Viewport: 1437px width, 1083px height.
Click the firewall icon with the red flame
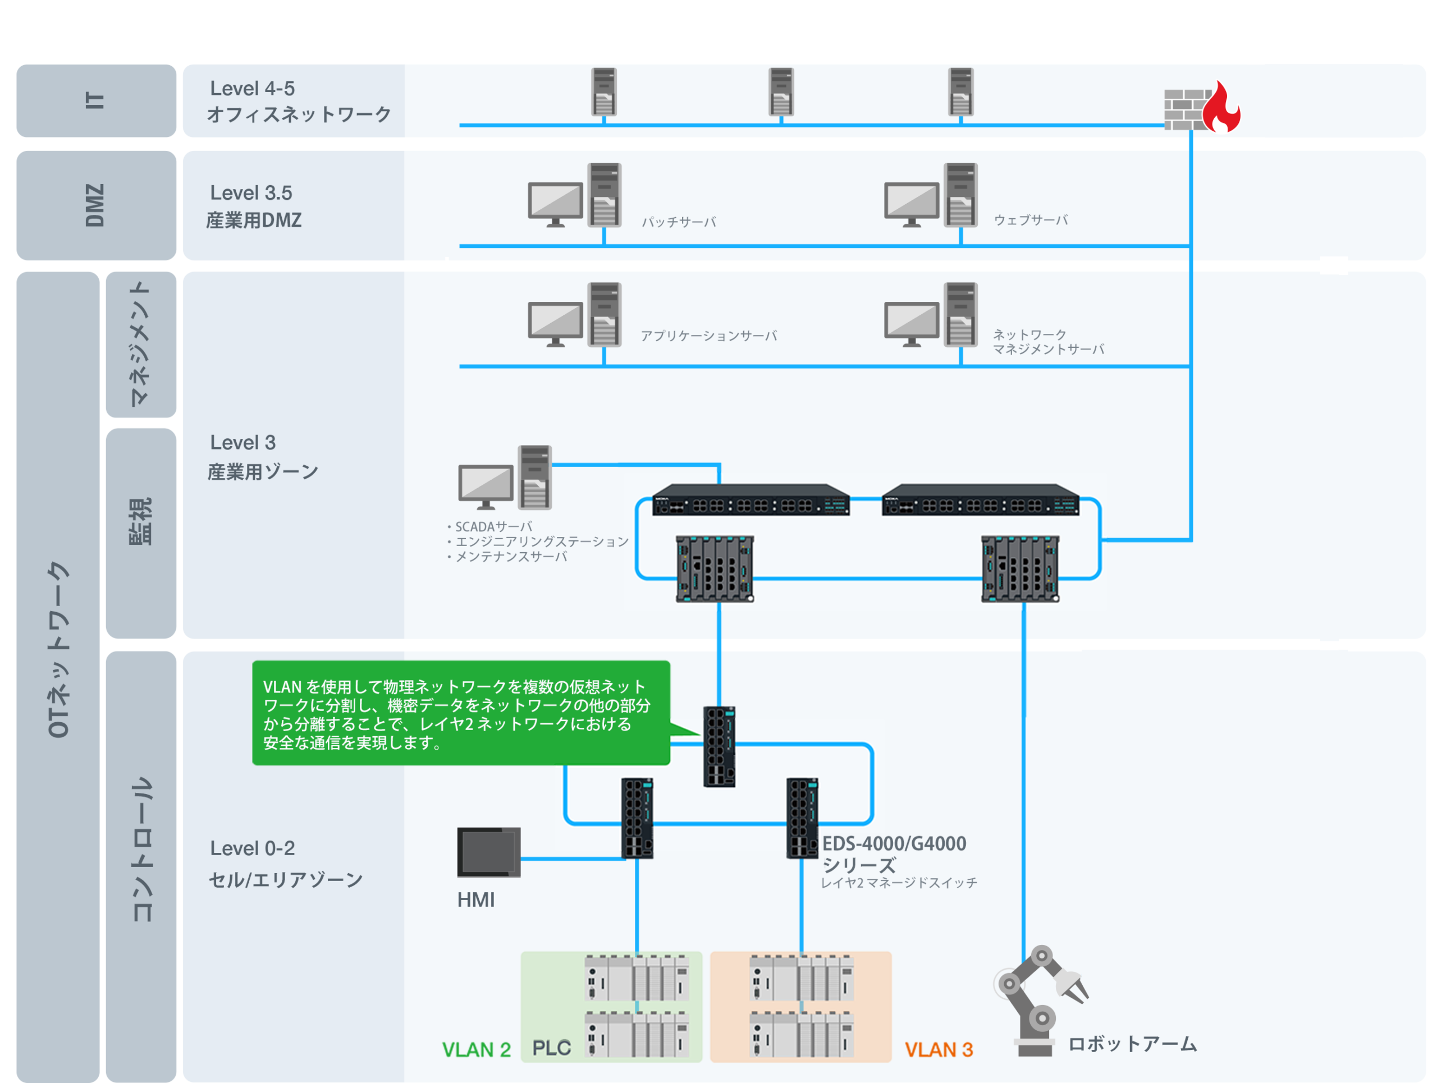[x=1202, y=107]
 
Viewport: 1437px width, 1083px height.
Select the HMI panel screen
[x=488, y=852]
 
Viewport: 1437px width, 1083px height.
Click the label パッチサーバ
[x=679, y=222]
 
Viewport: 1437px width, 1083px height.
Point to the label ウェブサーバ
[x=1031, y=220]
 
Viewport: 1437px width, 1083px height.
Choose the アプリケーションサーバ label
[x=709, y=336]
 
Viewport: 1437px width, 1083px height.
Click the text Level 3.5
[x=251, y=193]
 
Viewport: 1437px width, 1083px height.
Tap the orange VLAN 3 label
[x=939, y=1049]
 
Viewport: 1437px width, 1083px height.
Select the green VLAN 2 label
[x=476, y=1049]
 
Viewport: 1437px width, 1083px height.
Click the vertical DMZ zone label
[x=95, y=205]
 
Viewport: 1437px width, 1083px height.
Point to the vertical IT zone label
[x=95, y=100]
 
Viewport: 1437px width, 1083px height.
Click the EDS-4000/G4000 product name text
[x=894, y=843]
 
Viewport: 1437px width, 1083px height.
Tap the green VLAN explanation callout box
[x=461, y=713]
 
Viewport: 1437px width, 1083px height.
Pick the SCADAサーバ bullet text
[x=490, y=526]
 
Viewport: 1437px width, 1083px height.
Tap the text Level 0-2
[x=252, y=848]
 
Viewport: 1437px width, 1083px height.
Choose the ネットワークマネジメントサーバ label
[x=1049, y=342]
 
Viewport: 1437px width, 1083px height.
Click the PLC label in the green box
[x=552, y=1048]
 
